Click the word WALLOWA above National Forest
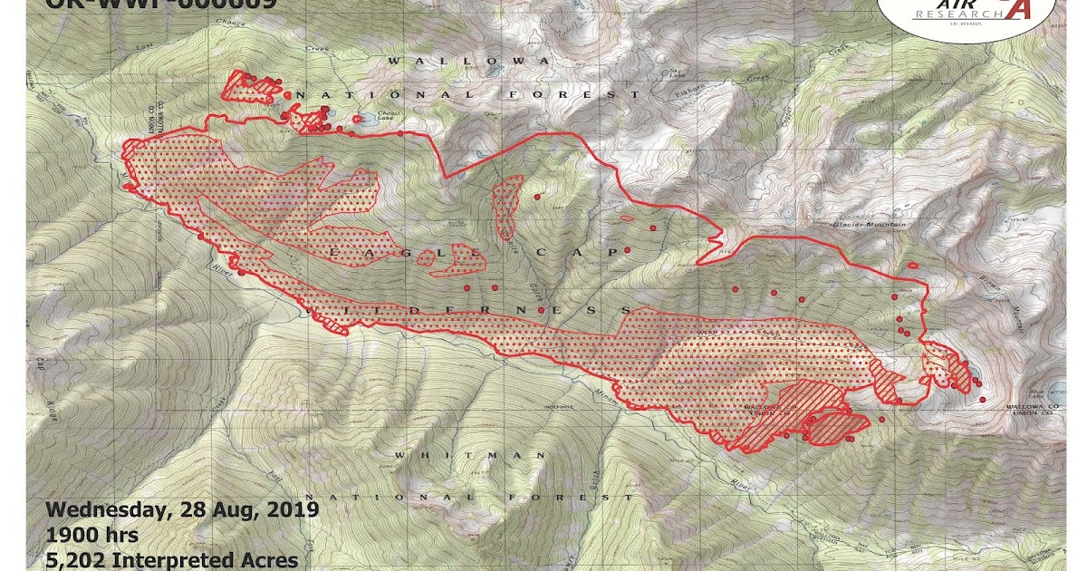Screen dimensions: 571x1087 tap(468, 61)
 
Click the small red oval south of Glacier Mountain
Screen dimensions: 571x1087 tap(913, 265)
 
